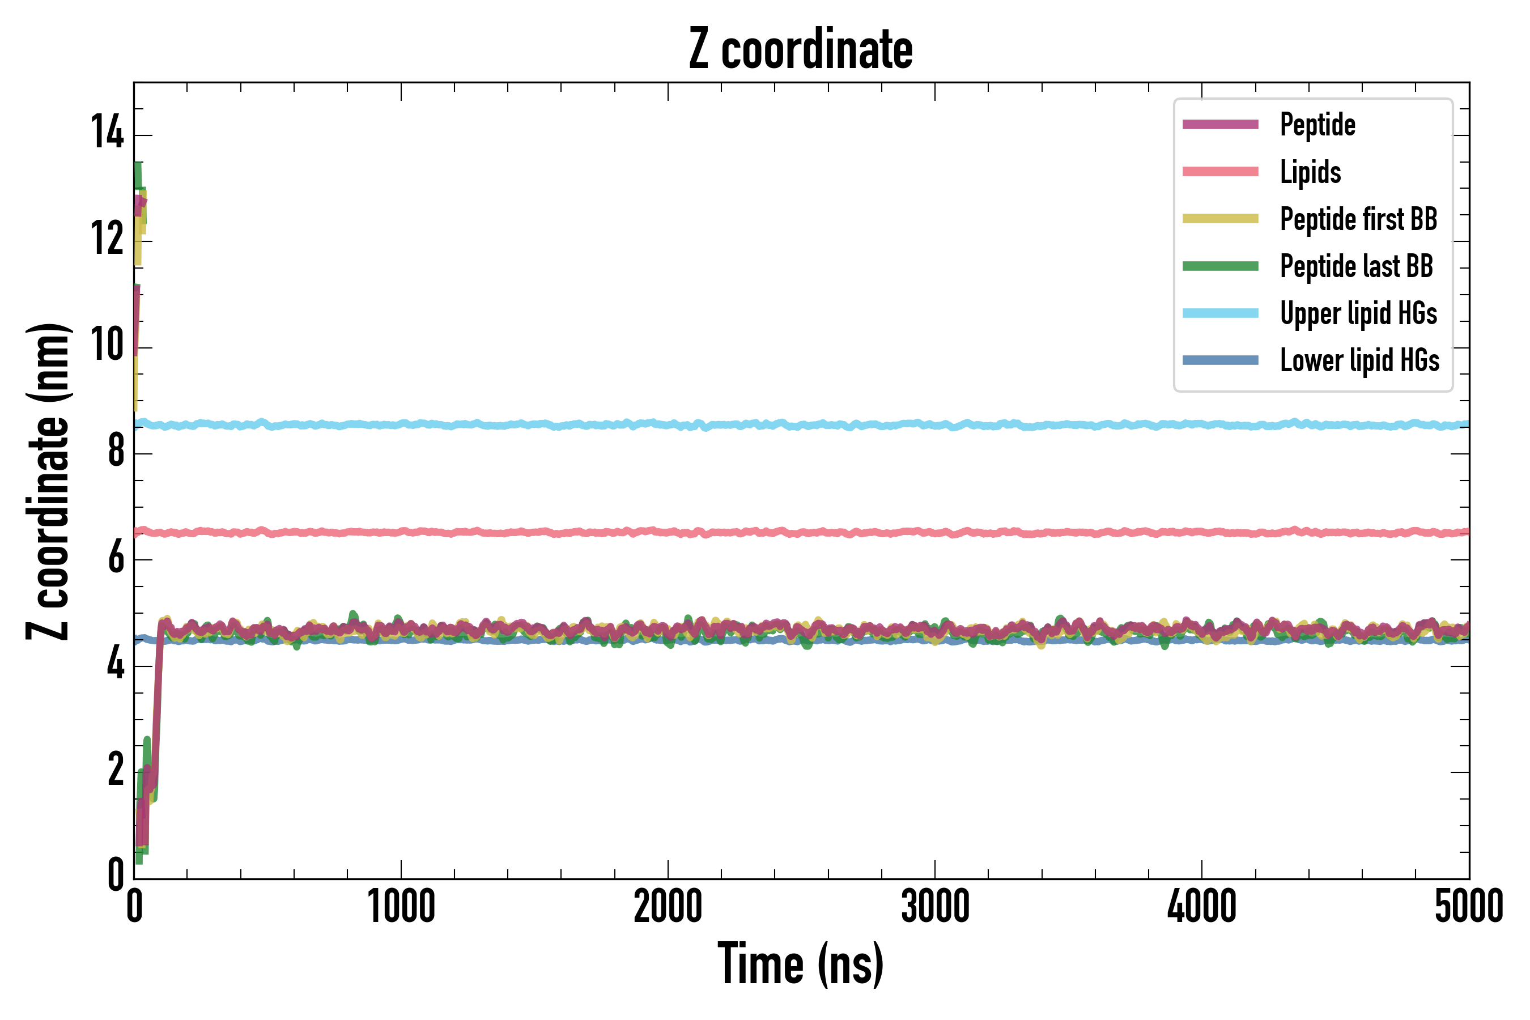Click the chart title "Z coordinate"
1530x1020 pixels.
(801, 49)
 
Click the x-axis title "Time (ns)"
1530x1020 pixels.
(801, 964)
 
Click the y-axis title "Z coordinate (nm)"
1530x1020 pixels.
(48, 481)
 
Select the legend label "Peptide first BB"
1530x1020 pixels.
(1358, 219)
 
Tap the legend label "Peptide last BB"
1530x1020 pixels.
(1356, 266)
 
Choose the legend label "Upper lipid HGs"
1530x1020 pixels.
(1358, 313)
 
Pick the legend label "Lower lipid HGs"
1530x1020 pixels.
(1359, 360)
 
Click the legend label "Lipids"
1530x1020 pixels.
(1310, 172)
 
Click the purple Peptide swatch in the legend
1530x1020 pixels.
(1221, 125)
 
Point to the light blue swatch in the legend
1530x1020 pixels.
(1221, 313)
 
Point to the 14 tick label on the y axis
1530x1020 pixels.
(107, 133)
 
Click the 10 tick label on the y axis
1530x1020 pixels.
(107, 345)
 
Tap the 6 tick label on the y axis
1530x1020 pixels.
(116, 558)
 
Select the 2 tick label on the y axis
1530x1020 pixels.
(116, 770)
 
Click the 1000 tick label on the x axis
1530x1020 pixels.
(401, 907)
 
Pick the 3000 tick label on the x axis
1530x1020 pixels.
(935, 907)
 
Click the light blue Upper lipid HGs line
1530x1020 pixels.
(781, 425)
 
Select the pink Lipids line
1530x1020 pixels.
(781, 533)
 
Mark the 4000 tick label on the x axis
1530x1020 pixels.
(1201, 907)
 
